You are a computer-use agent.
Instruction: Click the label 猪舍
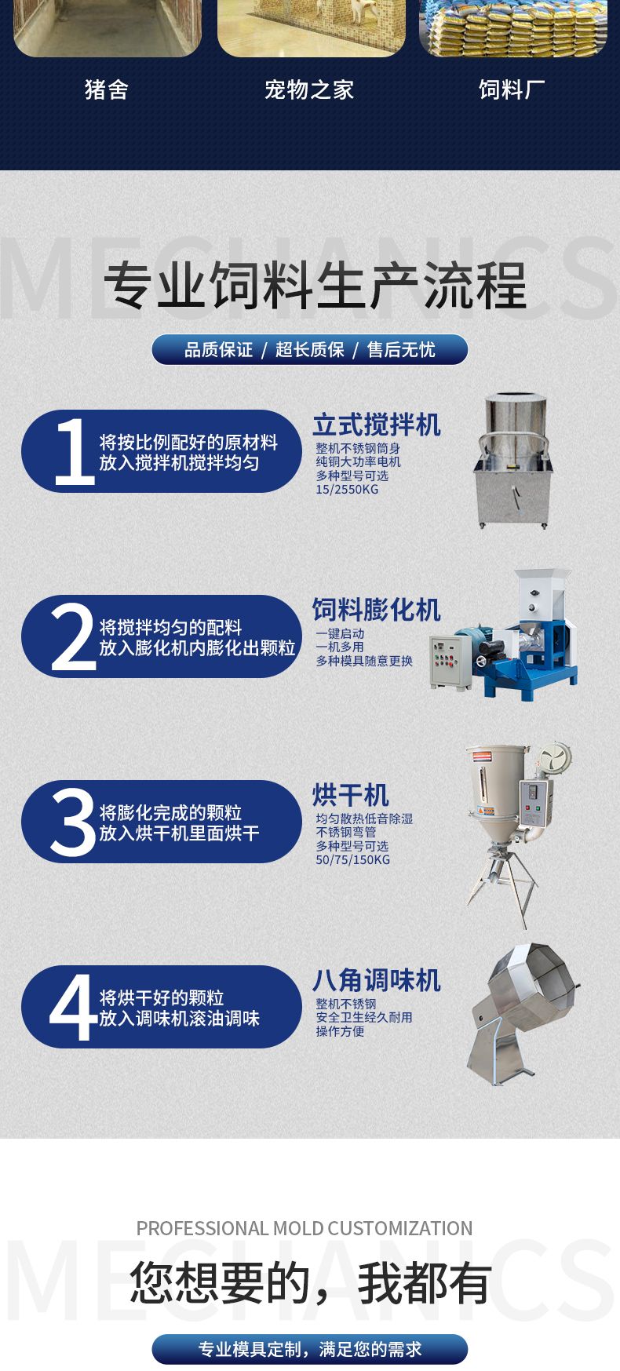click(107, 89)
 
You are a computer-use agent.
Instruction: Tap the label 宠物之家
click(309, 89)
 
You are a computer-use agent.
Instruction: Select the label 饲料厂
click(512, 89)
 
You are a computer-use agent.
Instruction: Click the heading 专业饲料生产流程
click(315, 286)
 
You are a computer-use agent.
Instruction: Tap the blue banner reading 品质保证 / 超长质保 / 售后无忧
click(309, 350)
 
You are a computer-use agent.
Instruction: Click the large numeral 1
click(75, 451)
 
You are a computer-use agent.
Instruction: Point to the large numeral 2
click(74, 636)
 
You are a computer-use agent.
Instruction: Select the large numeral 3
click(73, 822)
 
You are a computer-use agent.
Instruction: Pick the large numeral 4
click(73, 1007)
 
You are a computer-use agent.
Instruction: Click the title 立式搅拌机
click(377, 425)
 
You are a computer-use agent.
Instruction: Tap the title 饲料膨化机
click(377, 610)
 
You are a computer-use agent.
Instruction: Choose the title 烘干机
click(351, 795)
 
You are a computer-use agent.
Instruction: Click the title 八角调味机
click(377, 980)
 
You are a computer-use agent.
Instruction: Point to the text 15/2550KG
click(347, 490)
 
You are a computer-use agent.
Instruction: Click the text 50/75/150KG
click(353, 860)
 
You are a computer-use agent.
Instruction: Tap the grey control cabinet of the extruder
click(450, 662)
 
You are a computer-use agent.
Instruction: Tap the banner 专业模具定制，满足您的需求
click(309, 1349)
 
